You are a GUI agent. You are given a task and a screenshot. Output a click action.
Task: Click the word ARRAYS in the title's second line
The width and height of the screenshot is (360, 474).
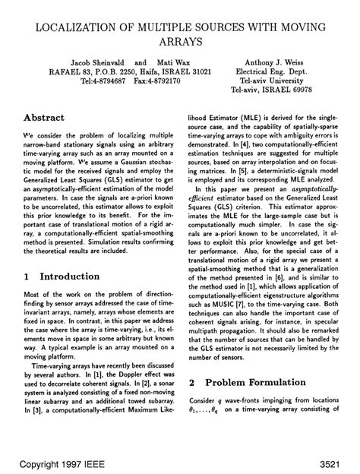pos(180,44)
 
